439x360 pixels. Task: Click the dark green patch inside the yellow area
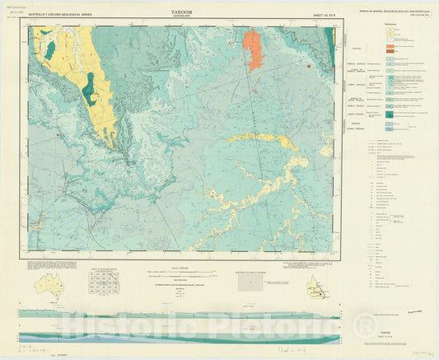[88, 89]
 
